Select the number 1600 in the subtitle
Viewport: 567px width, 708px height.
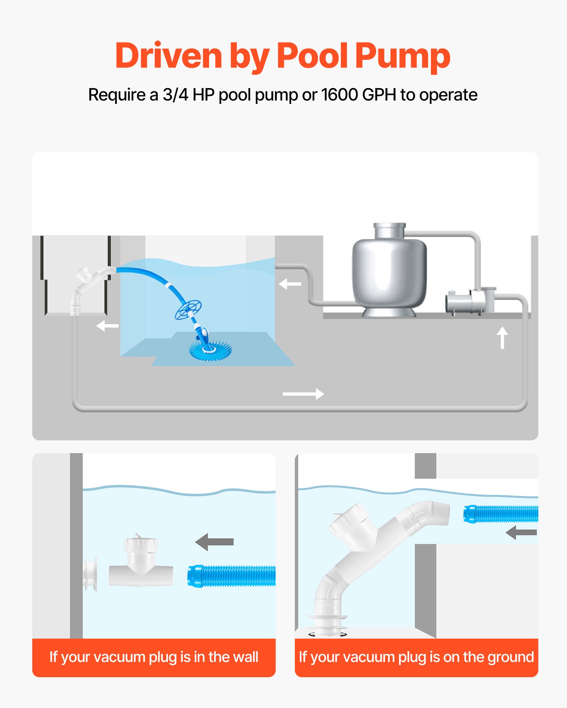[x=339, y=95]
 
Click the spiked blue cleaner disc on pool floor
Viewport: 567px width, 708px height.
[x=210, y=350]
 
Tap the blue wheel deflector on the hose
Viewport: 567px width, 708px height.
[x=188, y=310]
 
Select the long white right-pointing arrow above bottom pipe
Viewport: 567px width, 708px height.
[x=303, y=394]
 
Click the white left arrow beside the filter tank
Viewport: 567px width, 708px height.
[x=290, y=284]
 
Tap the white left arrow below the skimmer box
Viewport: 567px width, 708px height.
[x=107, y=326]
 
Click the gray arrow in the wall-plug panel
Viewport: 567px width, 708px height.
[x=214, y=542]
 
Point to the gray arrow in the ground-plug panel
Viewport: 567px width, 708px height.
[x=521, y=532]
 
